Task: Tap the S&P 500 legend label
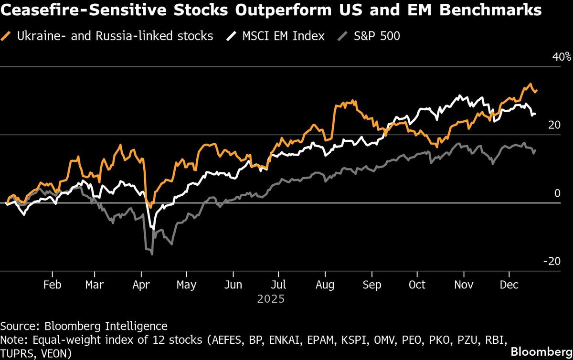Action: pos(376,36)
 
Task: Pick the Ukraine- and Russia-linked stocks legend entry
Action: pos(115,36)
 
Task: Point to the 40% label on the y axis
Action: pos(561,57)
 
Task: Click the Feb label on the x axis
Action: pos(52,285)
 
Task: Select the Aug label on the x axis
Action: pos(325,285)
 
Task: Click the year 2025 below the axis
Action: pos(271,299)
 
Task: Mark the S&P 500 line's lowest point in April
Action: pos(152,254)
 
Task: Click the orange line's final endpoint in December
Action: pos(537,90)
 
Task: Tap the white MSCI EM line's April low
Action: pos(153,229)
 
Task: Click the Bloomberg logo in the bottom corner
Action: pos(541,352)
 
